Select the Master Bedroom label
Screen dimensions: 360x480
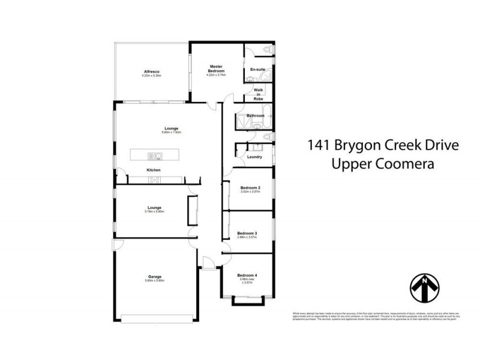[x=216, y=68]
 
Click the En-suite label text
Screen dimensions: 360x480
[x=258, y=70]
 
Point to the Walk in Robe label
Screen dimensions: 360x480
[x=258, y=94]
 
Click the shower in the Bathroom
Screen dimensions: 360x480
[x=239, y=122]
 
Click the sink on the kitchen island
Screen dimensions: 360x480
[x=154, y=157]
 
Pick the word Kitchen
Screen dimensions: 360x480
[x=154, y=170]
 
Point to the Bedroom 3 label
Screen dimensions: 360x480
[x=247, y=233]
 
